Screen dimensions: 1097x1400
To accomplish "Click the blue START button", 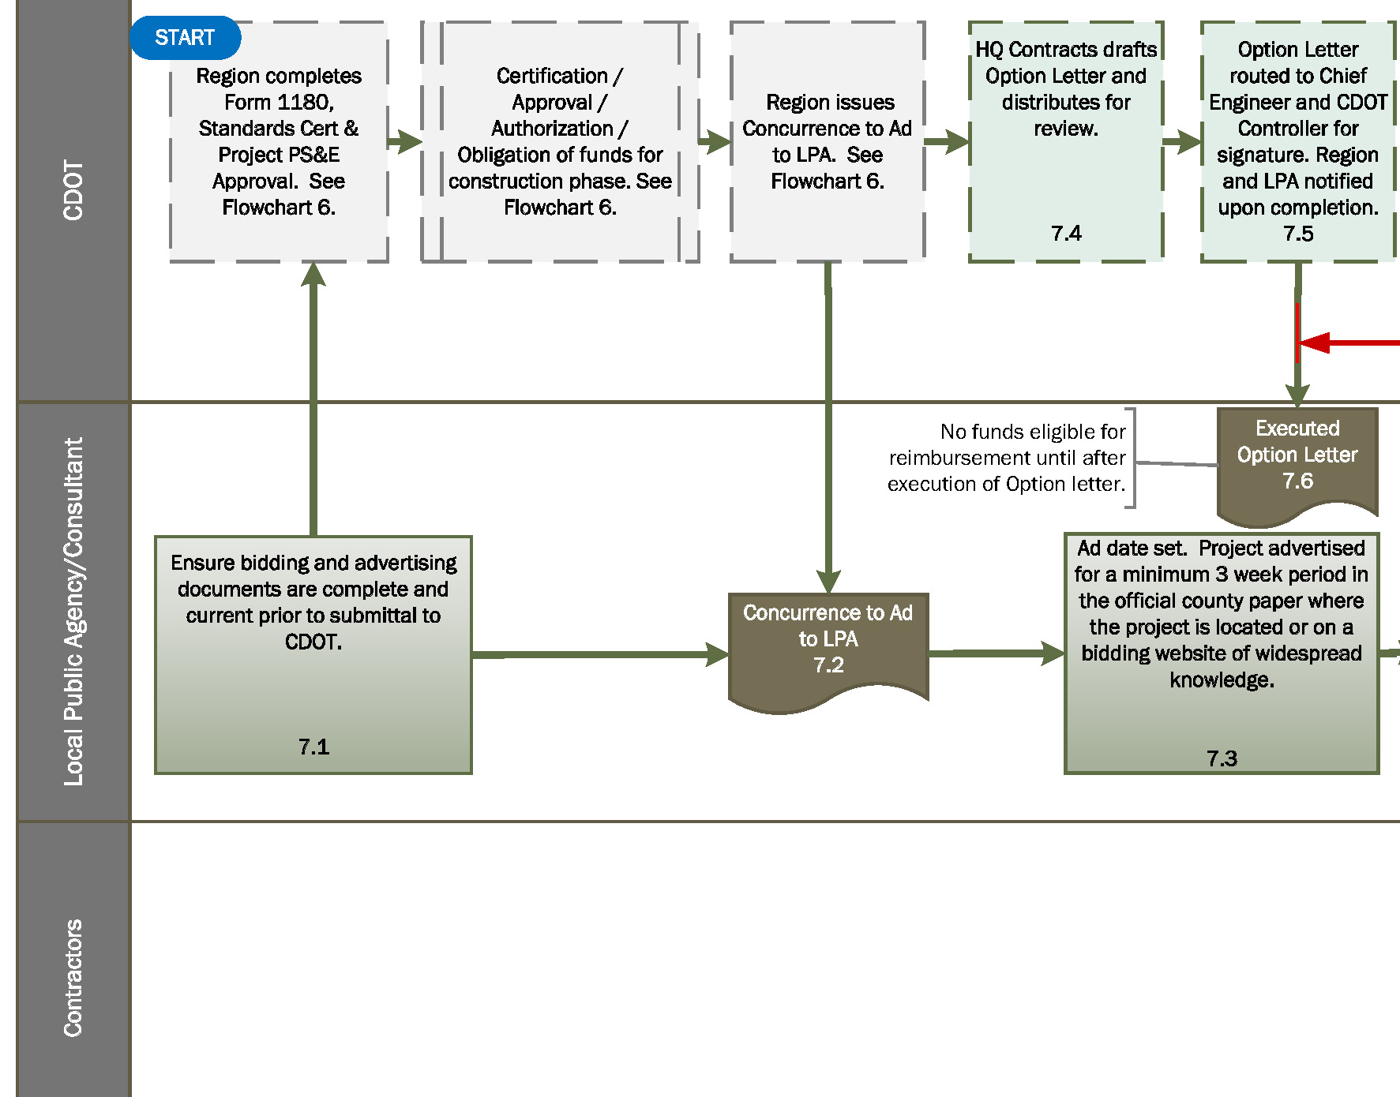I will tap(185, 38).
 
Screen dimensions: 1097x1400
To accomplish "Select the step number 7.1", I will tap(313, 747).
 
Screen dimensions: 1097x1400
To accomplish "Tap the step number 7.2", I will tap(828, 665).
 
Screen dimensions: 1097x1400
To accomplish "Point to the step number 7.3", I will tap(1222, 758).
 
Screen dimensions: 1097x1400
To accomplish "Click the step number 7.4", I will tap(1066, 234).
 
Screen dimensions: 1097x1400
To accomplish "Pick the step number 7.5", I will tap(1298, 234).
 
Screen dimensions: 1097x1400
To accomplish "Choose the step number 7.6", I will tap(1297, 481).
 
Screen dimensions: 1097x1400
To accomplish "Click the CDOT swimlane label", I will tap(73, 191).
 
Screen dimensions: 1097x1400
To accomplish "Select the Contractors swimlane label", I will tap(73, 978).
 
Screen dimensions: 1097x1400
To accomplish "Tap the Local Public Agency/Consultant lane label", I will tap(73, 612).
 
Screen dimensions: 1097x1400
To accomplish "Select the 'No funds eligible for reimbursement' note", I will tap(1008, 458).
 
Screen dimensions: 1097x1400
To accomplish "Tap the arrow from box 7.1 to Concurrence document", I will tap(600, 654).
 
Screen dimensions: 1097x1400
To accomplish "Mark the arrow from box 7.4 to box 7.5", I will tap(1182, 142).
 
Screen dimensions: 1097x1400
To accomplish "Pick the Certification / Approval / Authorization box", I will tap(560, 142).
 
